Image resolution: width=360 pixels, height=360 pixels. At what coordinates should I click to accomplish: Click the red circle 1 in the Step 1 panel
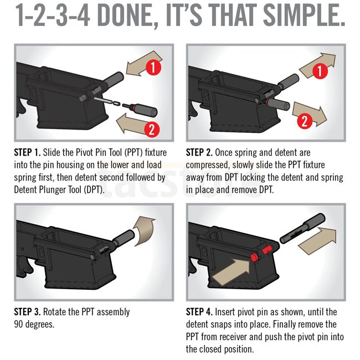[x=153, y=67]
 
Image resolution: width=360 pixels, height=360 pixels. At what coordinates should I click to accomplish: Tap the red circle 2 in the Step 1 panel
[x=152, y=130]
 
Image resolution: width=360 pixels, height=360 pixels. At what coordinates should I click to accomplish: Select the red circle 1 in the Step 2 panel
[x=320, y=71]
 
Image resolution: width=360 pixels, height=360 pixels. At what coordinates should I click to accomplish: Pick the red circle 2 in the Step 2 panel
[x=305, y=121]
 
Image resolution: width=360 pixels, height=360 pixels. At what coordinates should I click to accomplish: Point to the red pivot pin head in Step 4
[x=254, y=258]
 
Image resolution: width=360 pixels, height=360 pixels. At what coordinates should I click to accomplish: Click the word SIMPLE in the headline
[x=304, y=16]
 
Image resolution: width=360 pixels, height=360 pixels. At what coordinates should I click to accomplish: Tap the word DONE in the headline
[x=125, y=16]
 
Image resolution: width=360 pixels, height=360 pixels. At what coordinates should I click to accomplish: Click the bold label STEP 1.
[x=27, y=152]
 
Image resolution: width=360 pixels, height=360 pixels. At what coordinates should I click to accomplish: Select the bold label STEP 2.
[x=199, y=152]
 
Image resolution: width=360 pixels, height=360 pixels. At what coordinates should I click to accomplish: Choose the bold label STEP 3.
[x=27, y=312]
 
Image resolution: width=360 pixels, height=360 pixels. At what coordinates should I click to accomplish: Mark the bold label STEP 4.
[x=199, y=312]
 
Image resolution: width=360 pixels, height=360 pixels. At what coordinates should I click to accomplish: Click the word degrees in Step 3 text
[x=40, y=325]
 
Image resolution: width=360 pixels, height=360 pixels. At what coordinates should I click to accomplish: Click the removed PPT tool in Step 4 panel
[x=302, y=228]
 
